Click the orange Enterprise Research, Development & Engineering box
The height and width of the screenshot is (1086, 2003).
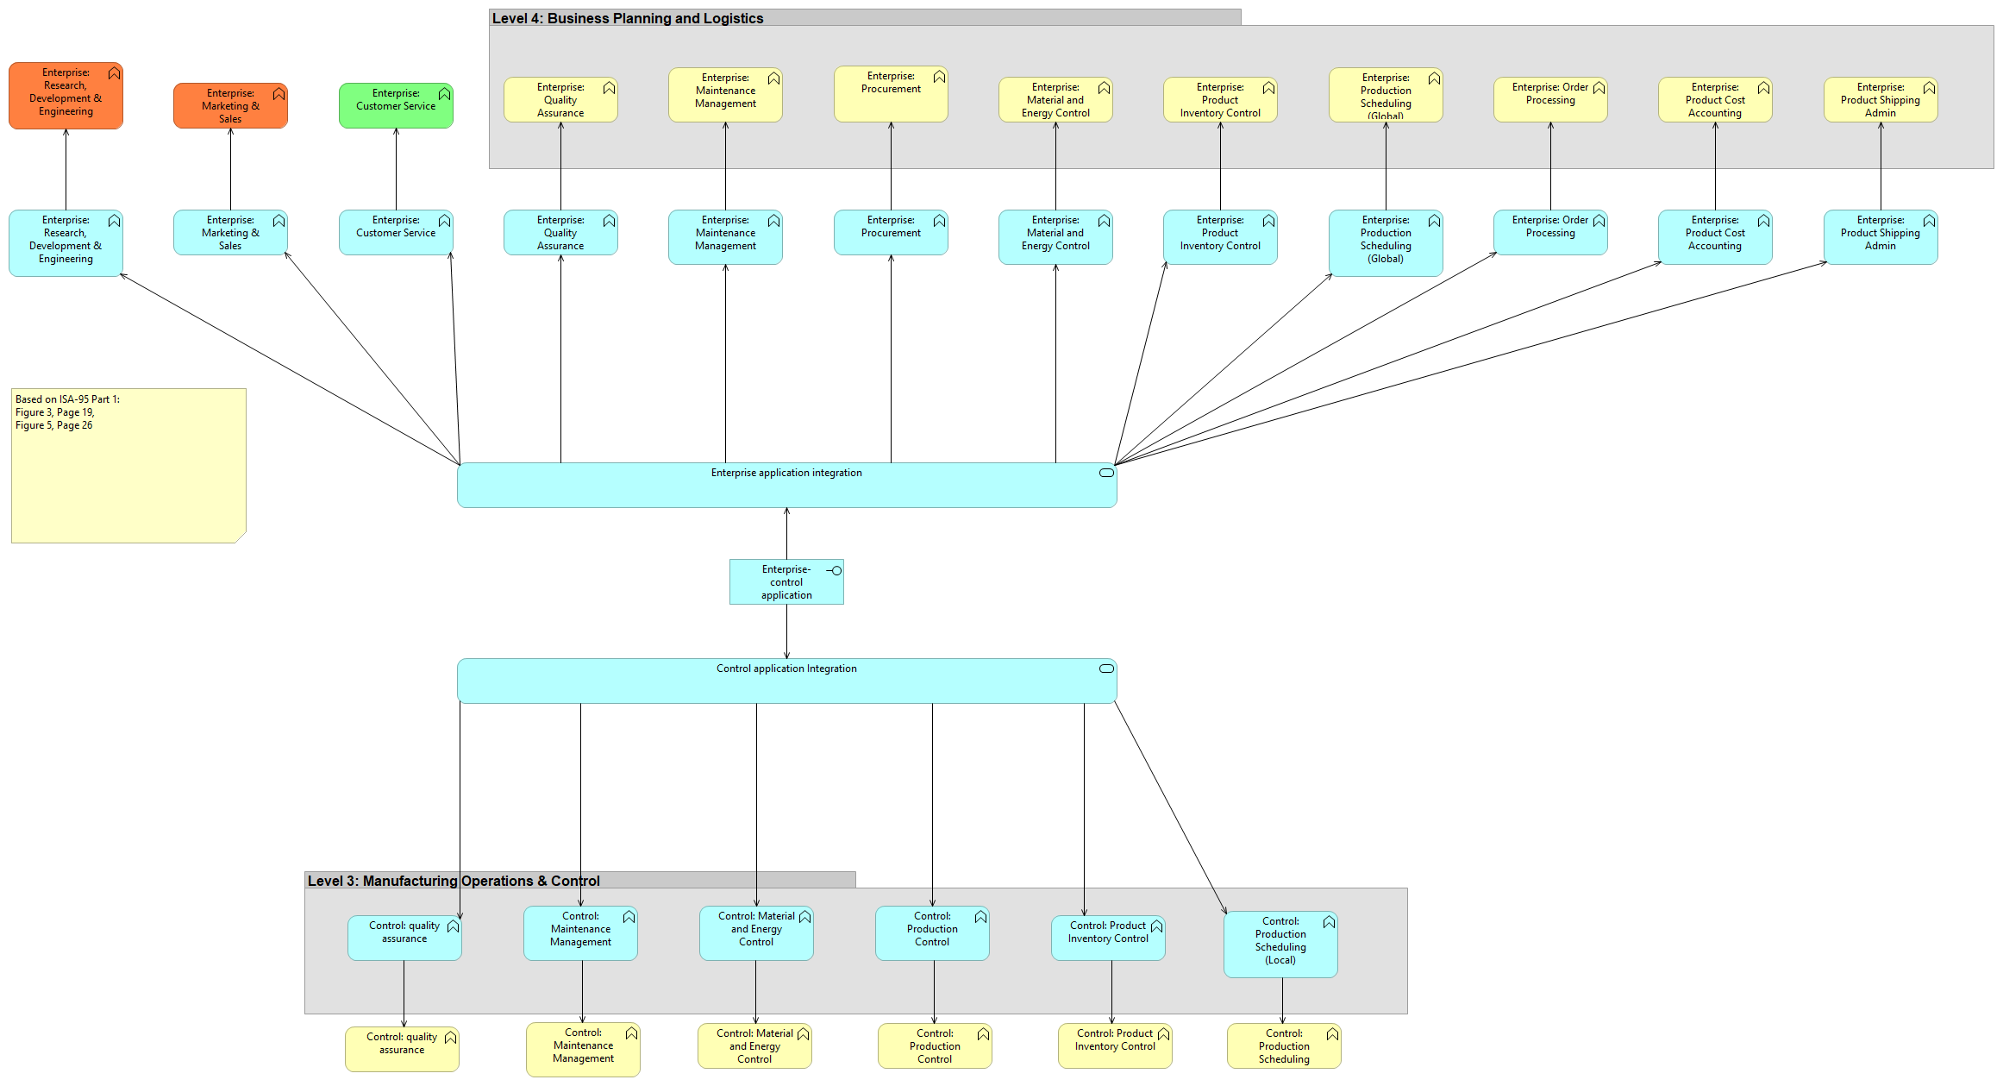tap(66, 95)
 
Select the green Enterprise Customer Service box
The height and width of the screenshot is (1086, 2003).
tap(396, 105)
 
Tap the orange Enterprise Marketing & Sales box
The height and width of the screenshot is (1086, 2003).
tap(230, 105)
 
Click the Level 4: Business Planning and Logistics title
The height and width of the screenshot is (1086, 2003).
tap(627, 18)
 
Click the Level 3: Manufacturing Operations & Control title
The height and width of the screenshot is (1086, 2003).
tap(454, 881)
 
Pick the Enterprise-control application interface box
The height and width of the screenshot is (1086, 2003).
tap(786, 582)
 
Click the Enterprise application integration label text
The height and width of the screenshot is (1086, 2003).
tap(786, 473)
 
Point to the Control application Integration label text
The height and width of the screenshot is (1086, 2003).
tap(786, 669)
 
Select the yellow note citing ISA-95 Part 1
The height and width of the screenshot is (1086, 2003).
tap(128, 466)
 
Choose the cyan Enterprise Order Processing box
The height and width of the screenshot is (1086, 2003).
tap(1549, 232)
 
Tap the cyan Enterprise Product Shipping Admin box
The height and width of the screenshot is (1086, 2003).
tap(1880, 236)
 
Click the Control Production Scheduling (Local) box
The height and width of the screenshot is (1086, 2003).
tap(1280, 944)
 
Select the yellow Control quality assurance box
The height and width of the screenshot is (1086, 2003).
tap(401, 1048)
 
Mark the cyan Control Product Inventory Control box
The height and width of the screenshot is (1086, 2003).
tap(1107, 938)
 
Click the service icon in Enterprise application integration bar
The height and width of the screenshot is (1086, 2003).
tap(1106, 473)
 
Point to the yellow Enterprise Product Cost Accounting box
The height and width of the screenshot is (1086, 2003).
tap(1714, 100)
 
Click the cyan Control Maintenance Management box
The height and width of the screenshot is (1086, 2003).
tap(579, 932)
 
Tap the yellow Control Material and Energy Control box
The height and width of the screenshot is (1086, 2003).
tap(754, 1045)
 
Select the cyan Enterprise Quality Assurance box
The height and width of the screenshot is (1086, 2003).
tap(560, 233)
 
